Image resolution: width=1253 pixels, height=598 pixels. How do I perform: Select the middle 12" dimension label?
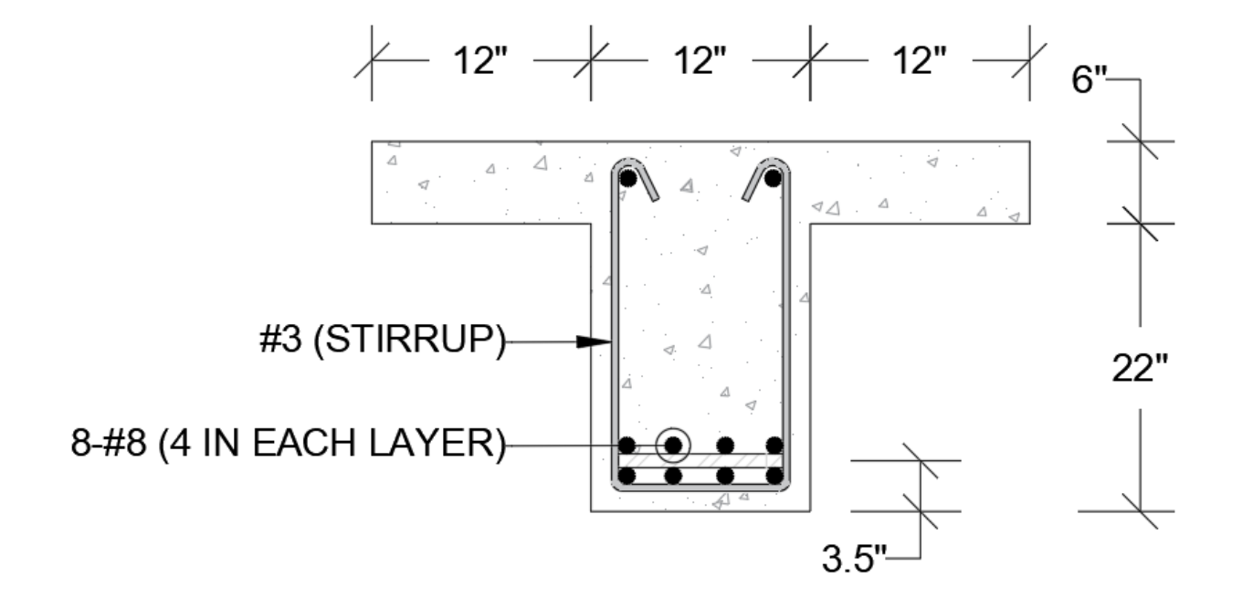click(700, 64)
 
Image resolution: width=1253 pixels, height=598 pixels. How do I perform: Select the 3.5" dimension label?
click(855, 557)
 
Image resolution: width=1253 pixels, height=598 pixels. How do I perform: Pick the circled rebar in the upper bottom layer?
click(674, 445)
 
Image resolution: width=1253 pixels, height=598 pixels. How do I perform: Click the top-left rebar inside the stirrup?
click(627, 179)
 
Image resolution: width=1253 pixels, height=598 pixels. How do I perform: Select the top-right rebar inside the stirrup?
click(773, 178)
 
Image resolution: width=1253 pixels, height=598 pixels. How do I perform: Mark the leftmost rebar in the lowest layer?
click(626, 475)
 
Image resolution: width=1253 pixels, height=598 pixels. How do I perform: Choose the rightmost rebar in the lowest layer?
click(774, 475)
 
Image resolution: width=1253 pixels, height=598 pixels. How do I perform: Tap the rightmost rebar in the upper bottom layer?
click(774, 445)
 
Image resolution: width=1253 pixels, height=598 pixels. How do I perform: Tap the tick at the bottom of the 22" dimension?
click(1140, 511)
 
